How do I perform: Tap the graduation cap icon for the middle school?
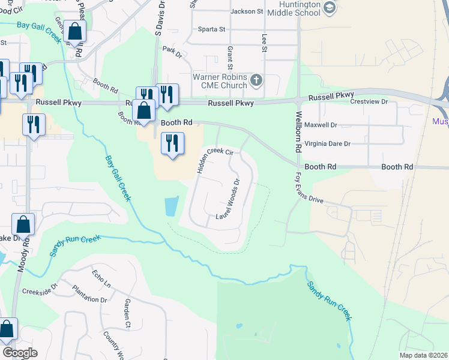pos(329,8)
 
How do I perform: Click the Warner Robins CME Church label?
pos(220,81)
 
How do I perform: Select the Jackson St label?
pos(247,11)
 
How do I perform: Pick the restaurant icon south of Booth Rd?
pos(172,143)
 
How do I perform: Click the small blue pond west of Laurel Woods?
pos(171,206)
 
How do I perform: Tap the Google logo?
pos(20,352)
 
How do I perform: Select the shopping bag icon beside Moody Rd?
pos(23,225)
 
